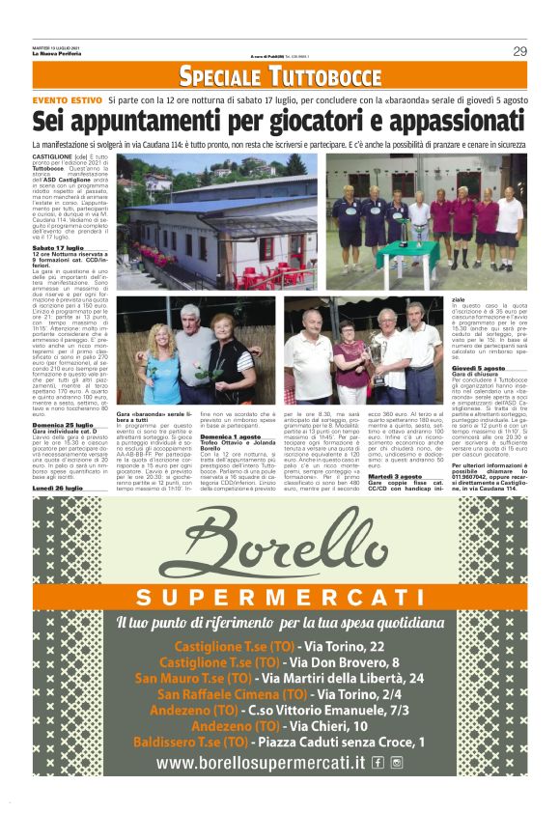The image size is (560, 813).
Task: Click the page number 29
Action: pyautogui.click(x=518, y=51)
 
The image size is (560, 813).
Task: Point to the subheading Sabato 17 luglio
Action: pyautogui.click(x=58, y=247)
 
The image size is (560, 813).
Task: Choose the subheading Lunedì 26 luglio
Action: pyautogui.click(x=57, y=489)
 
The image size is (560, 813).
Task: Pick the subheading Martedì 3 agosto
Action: pyautogui.click(x=395, y=476)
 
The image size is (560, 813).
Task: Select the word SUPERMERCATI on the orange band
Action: pyautogui.click(x=280, y=596)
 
